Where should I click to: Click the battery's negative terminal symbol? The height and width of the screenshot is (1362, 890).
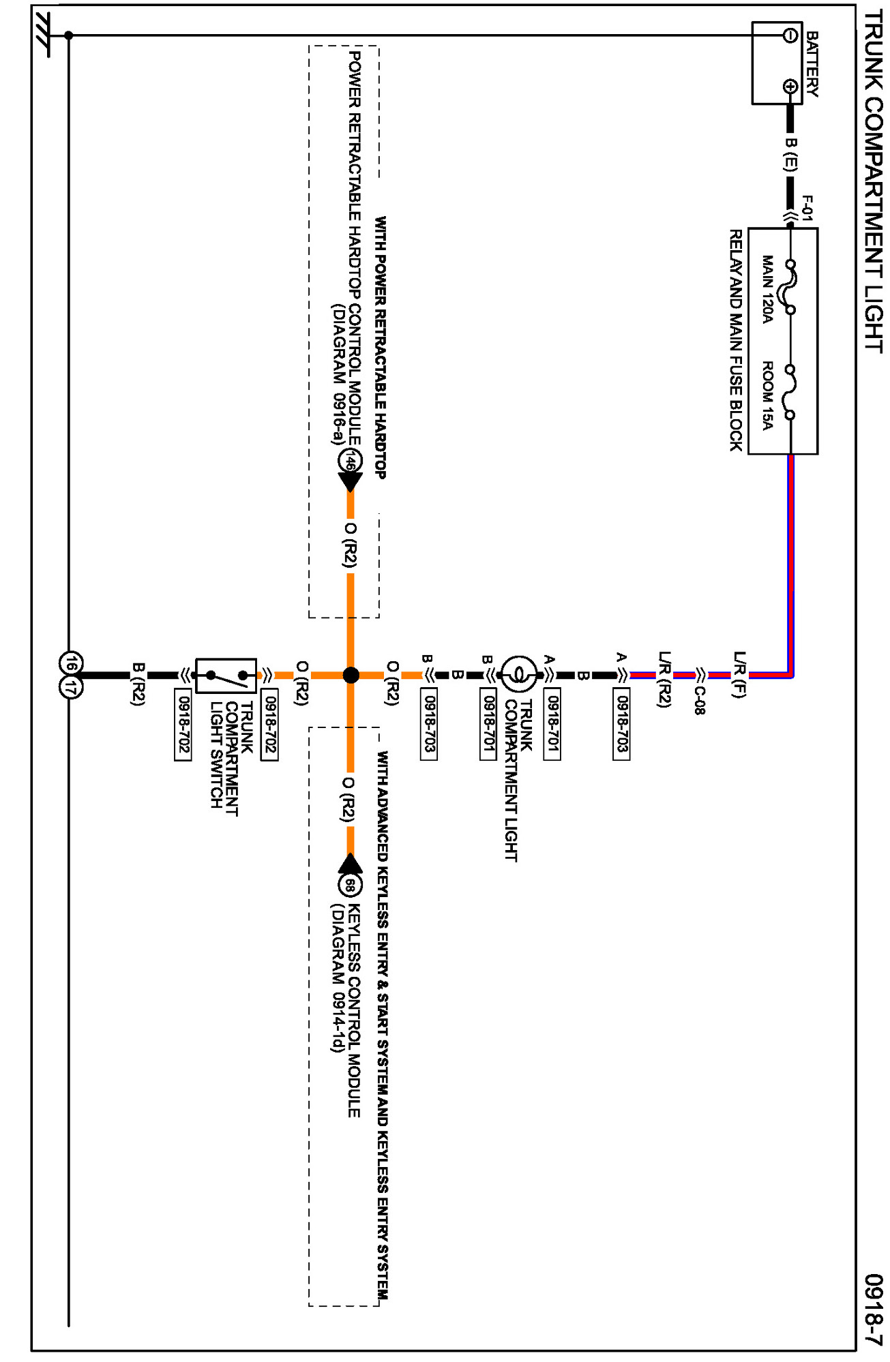pos(790,35)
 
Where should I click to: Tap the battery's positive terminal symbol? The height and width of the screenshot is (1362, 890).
pos(790,87)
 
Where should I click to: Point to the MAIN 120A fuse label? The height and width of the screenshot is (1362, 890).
pos(768,289)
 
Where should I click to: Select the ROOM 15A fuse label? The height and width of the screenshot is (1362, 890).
pos(768,395)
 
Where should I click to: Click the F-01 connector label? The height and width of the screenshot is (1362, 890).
pos(807,208)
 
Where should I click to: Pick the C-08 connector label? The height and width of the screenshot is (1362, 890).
pos(700,700)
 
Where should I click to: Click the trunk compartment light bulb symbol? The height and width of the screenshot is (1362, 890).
pos(519,674)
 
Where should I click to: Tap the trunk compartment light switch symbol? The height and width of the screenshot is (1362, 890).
pos(226,676)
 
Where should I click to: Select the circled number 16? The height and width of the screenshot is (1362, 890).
pos(71,663)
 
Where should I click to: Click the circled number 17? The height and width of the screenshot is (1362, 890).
pos(71,687)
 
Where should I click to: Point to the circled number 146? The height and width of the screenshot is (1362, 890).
pos(350,461)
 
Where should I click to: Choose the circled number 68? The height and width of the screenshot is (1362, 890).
pos(350,886)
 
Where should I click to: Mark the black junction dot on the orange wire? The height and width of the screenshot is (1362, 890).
pos(351,675)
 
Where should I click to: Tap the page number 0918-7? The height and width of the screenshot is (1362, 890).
pos(873,1309)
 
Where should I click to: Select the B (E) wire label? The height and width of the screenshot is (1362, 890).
pos(790,154)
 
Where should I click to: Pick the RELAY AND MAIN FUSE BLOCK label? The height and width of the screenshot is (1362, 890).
pos(737,340)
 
